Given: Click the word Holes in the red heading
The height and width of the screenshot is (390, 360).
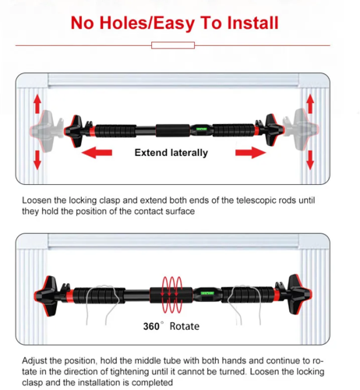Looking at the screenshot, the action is [123, 23].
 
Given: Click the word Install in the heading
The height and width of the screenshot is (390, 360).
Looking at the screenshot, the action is [252, 23].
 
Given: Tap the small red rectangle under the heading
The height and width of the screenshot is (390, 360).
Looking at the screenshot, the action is [173, 45].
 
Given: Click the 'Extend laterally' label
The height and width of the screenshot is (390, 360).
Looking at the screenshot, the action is [171, 153].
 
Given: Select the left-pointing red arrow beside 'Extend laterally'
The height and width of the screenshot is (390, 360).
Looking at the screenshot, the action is [97, 152].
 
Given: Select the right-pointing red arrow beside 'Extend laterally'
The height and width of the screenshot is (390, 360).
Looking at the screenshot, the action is [251, 152].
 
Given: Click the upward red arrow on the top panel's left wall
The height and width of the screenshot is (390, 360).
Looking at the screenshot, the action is [37, 104].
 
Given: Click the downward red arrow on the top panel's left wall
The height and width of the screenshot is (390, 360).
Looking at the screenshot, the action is [37, 160].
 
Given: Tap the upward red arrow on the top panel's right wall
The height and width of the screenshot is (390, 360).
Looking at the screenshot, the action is [310, 104].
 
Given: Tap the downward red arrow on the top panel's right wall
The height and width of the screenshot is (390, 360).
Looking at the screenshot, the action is [310, 160].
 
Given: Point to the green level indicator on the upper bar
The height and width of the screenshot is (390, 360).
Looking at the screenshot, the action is [202, 129].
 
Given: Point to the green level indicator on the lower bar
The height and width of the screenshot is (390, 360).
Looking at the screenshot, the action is [207, 293].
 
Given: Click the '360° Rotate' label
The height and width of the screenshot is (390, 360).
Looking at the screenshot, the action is [171, 326].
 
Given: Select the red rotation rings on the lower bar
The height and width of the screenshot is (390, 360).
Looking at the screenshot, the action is [171, 294].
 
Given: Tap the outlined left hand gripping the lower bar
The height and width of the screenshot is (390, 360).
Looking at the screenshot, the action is [102, 304].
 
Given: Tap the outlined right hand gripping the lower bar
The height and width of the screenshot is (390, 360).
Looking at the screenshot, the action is [245, 304].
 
